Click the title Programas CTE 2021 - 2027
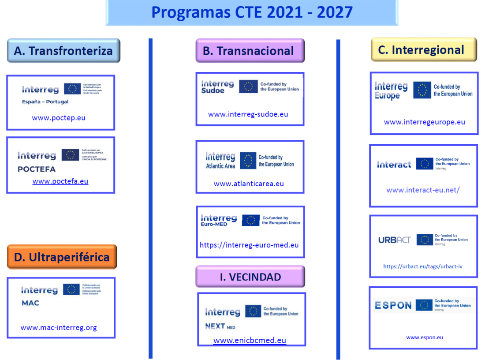252,12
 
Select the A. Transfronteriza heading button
63,51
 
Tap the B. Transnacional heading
250,51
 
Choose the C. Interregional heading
424,49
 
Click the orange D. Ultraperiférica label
62,257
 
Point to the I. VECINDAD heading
250,277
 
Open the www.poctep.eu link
59,118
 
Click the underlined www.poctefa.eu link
60,181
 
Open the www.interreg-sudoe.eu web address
248,114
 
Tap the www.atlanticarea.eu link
249,184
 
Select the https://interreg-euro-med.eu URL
249,245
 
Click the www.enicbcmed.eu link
250,340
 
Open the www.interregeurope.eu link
424,122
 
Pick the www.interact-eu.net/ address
423,190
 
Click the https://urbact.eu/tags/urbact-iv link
422,266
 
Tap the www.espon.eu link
424,337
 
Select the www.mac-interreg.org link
59,327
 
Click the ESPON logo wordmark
393,305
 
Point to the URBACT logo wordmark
394,240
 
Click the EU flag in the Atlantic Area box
248,161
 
